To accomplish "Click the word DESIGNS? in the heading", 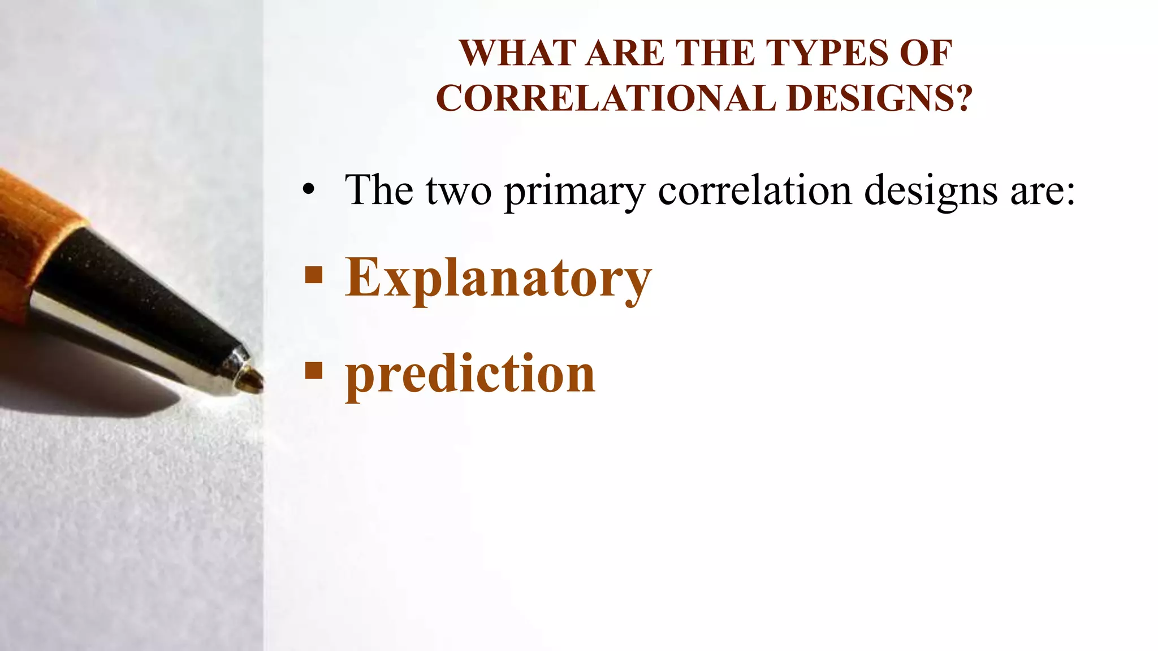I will coord(879,98).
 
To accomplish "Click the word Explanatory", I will coord(498,278).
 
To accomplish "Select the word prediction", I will coord(470,374).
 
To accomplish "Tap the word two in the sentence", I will coord(459,191).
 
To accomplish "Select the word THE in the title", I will coord(715,53).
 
